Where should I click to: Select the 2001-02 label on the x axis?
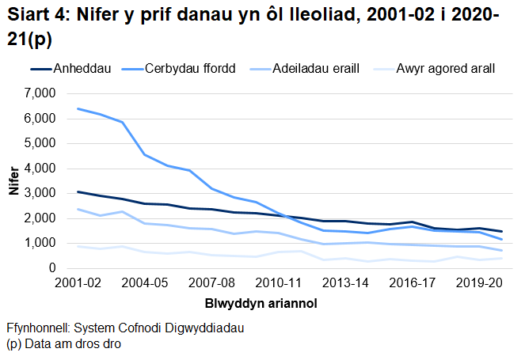tap(78, 282)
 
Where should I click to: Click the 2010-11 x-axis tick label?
tap(278, 282)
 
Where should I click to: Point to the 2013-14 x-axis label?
tap(345, 282)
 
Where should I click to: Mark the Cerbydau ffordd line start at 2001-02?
tap(78, 108)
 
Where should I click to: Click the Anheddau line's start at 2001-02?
tap(78, 191)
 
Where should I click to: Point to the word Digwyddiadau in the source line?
tap(207, 328)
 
